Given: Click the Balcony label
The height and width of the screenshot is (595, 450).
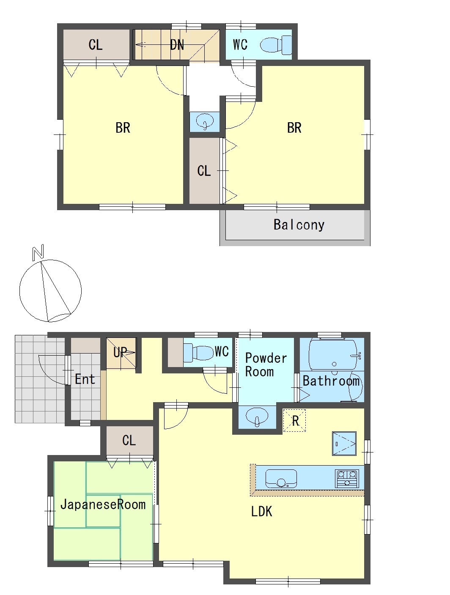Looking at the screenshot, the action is click(x=299, y=225).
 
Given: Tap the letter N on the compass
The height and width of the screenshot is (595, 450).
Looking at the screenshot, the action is click(x=38, y=252).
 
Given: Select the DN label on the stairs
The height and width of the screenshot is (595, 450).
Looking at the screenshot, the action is click(x=177, y=45).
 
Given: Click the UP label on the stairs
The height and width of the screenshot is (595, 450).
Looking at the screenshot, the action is click(x=120, y=352).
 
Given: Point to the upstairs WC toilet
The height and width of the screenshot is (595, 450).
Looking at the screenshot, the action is click(x=276, y=44).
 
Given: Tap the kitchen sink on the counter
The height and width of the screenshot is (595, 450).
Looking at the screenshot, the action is click(x=281, y=478).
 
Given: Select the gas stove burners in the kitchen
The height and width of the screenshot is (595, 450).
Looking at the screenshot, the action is click(x=347, y=478).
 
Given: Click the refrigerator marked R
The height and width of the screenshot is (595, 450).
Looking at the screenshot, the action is click(x=294, y=420).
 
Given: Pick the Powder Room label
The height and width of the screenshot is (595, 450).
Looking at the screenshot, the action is click(x=266, y=365).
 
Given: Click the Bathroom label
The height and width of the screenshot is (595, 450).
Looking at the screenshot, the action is click(x=331, y=381).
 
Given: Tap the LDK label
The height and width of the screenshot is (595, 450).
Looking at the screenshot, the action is click(x=261, y=512).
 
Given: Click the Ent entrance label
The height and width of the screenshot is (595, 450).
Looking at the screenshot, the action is click(x=85, y=379).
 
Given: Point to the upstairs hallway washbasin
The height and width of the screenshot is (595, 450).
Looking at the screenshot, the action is click(x=204, y=121).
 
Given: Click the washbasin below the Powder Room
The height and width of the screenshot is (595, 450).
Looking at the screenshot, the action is click(x=257, y=417).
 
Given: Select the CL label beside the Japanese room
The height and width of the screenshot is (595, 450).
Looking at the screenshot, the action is click(x=129, y=440).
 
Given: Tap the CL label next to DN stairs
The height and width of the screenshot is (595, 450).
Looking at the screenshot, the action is click(x=96, y=45).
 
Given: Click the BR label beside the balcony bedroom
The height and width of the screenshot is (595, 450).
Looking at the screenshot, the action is click(x=294, y=128).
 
